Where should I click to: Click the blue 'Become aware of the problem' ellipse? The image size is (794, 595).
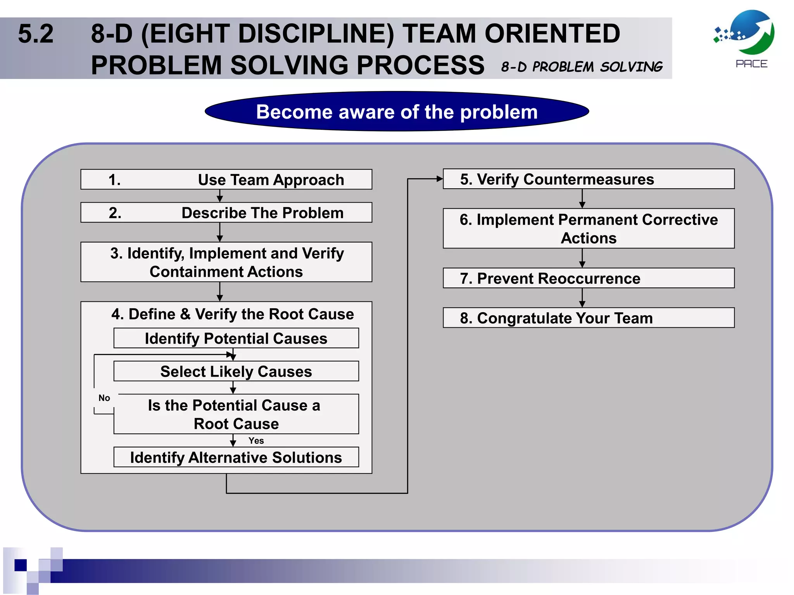click(397, 112)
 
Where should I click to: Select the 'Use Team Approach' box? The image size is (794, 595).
click(226, 179)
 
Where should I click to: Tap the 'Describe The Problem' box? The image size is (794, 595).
click(226, 212)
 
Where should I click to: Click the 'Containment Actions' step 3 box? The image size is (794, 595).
click(226, 262)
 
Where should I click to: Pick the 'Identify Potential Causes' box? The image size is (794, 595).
click(236, 338)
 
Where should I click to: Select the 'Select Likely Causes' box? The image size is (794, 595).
click(236, 371)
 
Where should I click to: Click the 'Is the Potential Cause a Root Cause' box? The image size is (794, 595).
click(236, 414)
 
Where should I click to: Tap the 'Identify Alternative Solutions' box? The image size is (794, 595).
click(236, 457)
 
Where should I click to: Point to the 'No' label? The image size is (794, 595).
click(104, 398)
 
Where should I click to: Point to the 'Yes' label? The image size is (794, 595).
click(256, 440)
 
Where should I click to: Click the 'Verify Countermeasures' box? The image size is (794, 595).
click(588, 179)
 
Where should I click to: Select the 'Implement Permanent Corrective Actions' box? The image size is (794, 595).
click(588, 229)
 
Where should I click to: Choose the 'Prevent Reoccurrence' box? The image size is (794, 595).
click(588, 278)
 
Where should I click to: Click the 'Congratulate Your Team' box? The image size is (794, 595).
click(588, 318)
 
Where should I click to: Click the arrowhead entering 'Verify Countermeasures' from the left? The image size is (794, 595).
click(439, 179)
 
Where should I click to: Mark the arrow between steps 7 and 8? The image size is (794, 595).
click(582, 298)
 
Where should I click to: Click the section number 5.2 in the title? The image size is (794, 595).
click(35, 34)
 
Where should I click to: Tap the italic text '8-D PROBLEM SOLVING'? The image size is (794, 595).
click(582, 67)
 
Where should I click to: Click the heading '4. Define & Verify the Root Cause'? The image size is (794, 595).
click(232, 314)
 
